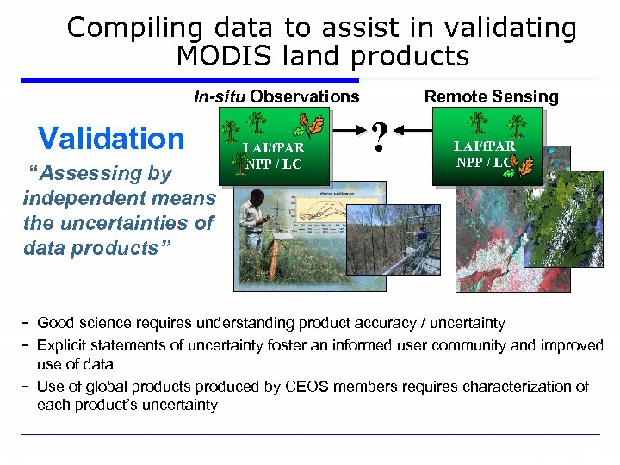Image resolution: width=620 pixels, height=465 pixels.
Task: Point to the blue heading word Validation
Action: coord(111,138)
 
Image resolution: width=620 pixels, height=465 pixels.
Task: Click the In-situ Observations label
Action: coord(276,96)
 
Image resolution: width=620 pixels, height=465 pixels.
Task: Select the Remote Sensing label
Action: coord(491,96)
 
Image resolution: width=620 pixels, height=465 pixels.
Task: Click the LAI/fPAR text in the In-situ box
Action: coord(275,148)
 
